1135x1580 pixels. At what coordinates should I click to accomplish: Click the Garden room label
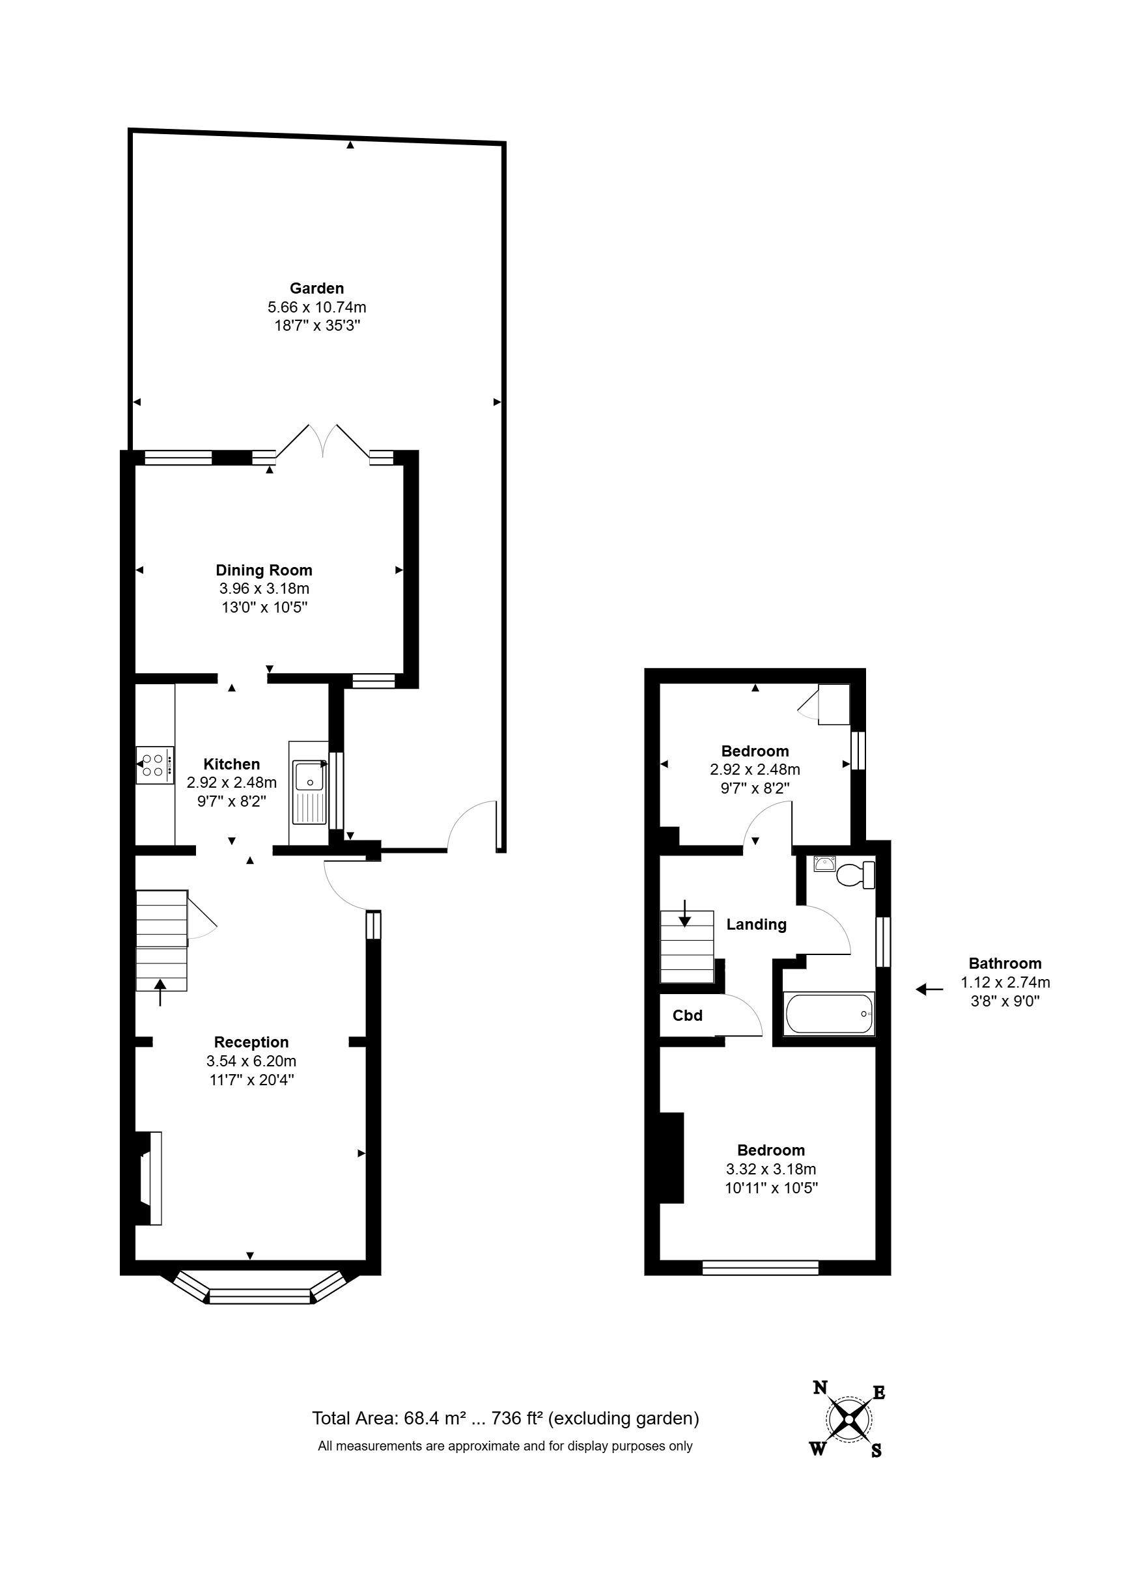[x=316, y=288]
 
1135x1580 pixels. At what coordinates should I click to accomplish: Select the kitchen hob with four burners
[x=154, y=765]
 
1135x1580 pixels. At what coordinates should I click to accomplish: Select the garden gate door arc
[x=470, y=824]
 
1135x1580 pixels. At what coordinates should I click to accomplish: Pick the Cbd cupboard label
[x=687, y=1016]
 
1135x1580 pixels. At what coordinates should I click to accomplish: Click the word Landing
[x=756, y=924]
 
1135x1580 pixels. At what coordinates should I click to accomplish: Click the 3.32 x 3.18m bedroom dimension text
[x=770, y=1169]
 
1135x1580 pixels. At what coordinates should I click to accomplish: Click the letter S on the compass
[x=876, y=1450]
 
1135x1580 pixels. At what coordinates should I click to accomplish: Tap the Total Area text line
[x=505, y=1418]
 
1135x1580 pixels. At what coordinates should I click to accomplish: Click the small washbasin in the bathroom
[x=824, y=864]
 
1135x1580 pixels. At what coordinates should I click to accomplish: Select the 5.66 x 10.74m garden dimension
[x=316, y=307]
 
